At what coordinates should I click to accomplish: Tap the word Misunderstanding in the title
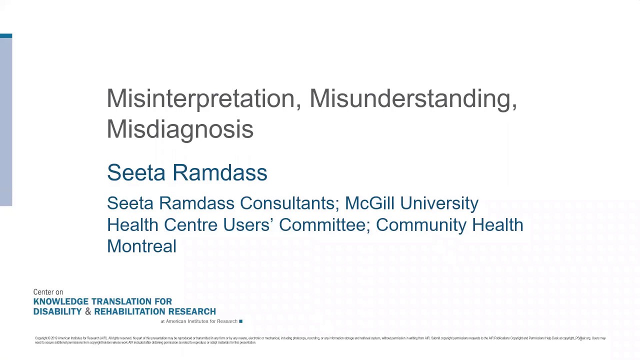coord(413,98)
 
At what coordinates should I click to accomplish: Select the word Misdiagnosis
coord(180,129)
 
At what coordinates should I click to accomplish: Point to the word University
coord(439,203)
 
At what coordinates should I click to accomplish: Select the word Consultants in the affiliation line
coord(289,203)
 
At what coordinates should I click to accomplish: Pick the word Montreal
coord(141,246)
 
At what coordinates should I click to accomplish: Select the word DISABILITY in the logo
coord(57,311)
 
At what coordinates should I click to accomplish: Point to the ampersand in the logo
coord(88,311)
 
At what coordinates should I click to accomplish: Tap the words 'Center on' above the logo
coord(48,292)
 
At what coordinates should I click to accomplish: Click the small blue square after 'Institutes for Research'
coord(240,321)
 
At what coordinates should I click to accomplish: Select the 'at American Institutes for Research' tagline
coord(198,321)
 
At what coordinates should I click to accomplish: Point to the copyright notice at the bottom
coord(320,340)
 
